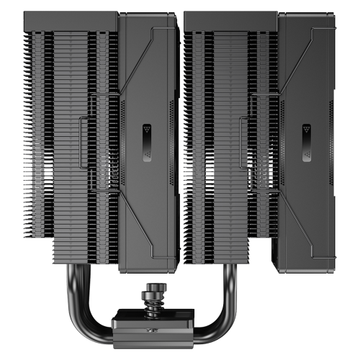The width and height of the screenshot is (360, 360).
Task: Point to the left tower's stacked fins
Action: point(72,144)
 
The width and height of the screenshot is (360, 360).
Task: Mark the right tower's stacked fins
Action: point(216,144)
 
